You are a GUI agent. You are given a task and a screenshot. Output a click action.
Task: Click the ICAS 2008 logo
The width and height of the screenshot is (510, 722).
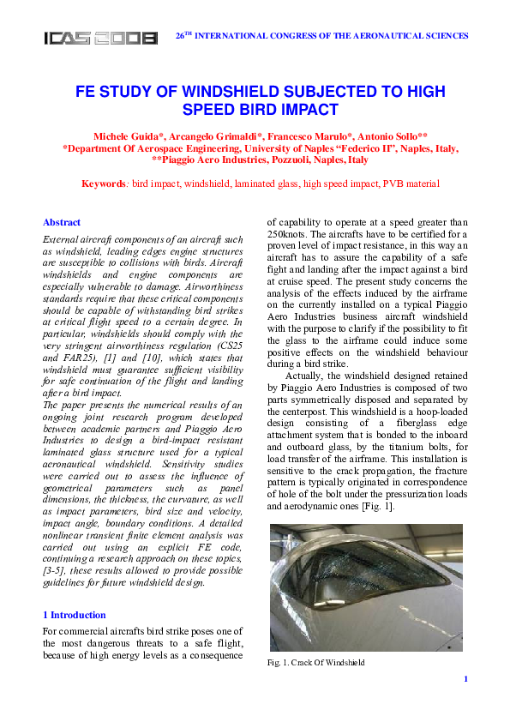click(x=101, y=38)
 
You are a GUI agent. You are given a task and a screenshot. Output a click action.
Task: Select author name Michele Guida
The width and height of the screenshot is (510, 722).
click(x=125, y=136)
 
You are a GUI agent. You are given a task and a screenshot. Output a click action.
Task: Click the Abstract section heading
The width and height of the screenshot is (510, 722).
click(x=62, y=222)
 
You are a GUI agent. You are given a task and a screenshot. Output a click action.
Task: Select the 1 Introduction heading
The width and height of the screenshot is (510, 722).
click(x=75, y=615)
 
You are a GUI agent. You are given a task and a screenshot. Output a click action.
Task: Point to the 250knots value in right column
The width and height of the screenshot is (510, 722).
click(x=289, y=234)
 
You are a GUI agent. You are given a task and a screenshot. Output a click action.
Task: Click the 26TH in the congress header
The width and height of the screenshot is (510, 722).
click(x=184, y=36)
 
